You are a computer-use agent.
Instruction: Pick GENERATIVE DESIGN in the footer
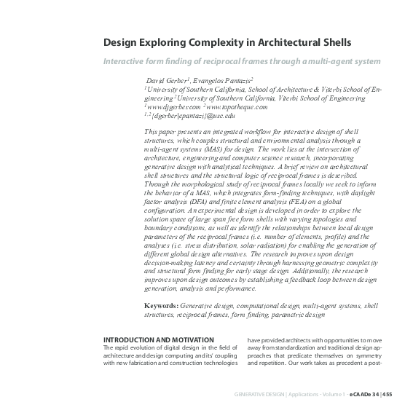coord(259,393)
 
